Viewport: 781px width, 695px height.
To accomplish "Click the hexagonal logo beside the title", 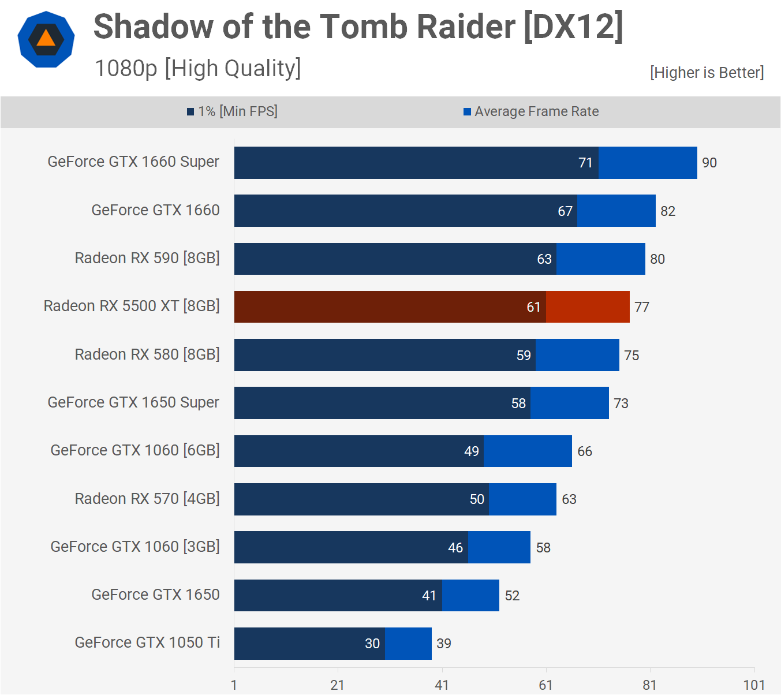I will (x=46, y=39).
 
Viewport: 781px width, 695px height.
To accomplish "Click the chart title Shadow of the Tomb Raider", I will (x=358, y=27).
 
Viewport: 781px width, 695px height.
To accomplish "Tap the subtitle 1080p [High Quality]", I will (x=197, y=68).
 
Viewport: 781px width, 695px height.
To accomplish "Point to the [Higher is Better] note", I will (x=707, y=73).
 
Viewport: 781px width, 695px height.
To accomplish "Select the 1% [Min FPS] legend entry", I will (x=232, y=111).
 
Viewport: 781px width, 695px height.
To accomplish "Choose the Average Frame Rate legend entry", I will (x=531, y=111).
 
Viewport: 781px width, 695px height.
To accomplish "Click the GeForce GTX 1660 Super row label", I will (x=133, y=162).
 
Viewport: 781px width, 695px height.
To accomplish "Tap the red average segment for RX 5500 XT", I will (x=588, y=307).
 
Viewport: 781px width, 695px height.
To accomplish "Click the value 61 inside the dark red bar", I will (x=533, y=307).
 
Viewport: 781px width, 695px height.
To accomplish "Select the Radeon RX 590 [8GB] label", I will (x=147, y=258).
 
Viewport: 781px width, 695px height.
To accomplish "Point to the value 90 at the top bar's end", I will (x=709, y=163).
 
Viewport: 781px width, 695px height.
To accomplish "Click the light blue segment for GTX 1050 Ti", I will (x=408, y=643).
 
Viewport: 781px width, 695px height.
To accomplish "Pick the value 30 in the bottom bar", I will (x=372, y=644).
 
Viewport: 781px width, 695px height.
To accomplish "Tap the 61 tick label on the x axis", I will (x=546, y=685).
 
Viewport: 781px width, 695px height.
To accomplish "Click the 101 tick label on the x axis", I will (x=754, y=685).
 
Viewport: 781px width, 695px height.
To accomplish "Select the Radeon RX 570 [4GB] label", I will (x=147, y=499).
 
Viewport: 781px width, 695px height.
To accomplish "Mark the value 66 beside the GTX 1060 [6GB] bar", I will (x=585, y=451).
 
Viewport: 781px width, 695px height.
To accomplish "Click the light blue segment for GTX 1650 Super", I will (x=569, y=403).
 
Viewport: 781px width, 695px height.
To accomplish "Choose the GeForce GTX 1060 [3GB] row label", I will (x=135, y=547).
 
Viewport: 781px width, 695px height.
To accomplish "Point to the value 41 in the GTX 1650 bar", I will (x=429, y=596).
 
